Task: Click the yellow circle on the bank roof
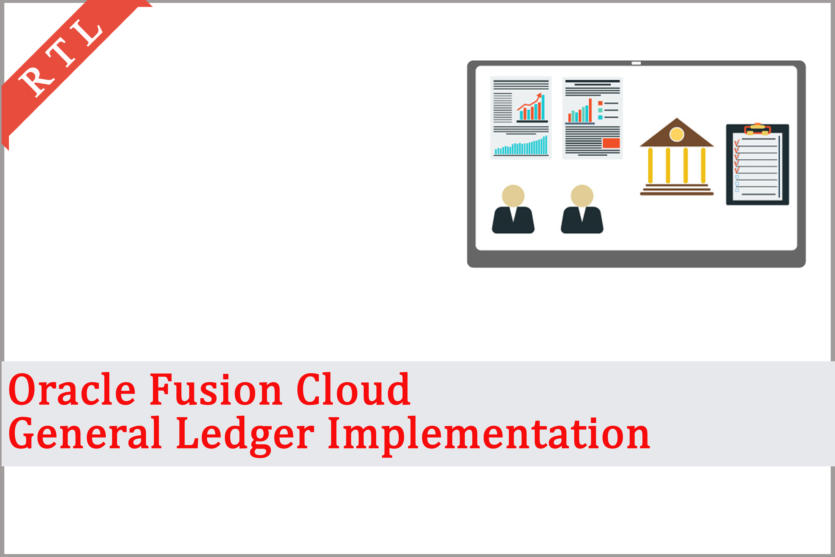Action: [x=677, y=134]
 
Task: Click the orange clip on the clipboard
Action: [x=757, y=129]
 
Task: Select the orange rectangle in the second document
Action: [x=611, y=143]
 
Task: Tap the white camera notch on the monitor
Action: [x=636, y=63]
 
